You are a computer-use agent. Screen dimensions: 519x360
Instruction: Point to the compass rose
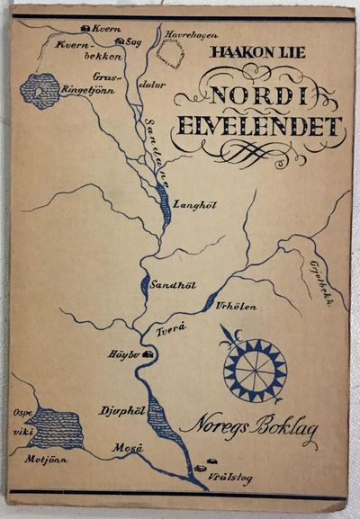(254, 367)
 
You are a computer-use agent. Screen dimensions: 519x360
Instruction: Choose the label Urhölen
(238, 307)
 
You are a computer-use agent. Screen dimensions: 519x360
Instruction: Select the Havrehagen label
(189, 36)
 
